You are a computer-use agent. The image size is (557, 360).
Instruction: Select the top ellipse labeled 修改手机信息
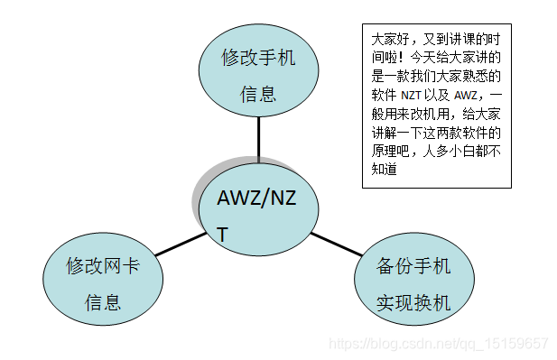point(259,74)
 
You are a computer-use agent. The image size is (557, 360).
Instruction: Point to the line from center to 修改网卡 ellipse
point(181,243)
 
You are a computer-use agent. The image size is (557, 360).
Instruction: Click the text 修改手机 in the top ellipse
point(259,59)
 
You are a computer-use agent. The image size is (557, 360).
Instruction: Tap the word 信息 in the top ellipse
point(259,93)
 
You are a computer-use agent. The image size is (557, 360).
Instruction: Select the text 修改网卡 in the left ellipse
point(103,266)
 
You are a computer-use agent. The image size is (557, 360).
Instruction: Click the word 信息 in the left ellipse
point(103,301)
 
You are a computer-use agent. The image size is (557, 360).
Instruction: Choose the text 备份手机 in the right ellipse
point(413,267)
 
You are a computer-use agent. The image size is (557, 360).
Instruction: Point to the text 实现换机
point(413,302)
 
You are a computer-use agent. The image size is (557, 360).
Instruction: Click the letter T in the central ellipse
point(223,235)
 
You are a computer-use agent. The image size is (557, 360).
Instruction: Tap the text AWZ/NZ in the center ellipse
point(256,198)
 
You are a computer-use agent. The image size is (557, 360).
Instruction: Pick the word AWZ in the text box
point(466,95)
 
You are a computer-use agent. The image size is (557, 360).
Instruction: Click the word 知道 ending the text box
point(384,168)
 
